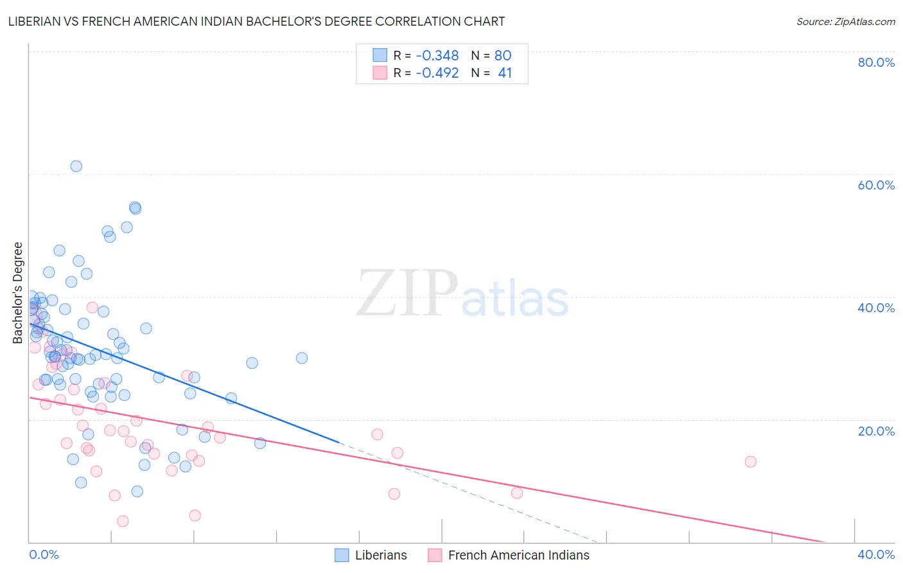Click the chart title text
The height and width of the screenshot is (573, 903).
click(x=256, y=21)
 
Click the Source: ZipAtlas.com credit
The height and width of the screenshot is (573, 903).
click(x=845, y=21)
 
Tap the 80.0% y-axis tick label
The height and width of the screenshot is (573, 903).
click(x=876, y=62)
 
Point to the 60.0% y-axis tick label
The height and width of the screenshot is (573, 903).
click(x=876, y=185)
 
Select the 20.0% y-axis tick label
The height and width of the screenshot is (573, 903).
click(x=876, y=430)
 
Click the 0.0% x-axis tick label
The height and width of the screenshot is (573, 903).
click(x=44, y=554)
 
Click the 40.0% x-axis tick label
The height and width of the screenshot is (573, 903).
click(x=876, y=554)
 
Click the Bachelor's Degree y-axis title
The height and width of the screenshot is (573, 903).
click(x=18, y=293)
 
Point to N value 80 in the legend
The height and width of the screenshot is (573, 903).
click(x=503, y=55)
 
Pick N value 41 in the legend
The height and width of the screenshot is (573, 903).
click(x=505, y=73)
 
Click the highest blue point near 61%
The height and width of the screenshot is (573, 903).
click(x=76, y=166)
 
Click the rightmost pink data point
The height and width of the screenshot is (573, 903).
click(x=750, y=461)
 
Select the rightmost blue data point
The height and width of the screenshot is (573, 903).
click(x=301, y=358)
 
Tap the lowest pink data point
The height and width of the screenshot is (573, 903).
click(x=123, y=521)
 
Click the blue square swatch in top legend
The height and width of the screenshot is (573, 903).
click(x=380, y=55)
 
